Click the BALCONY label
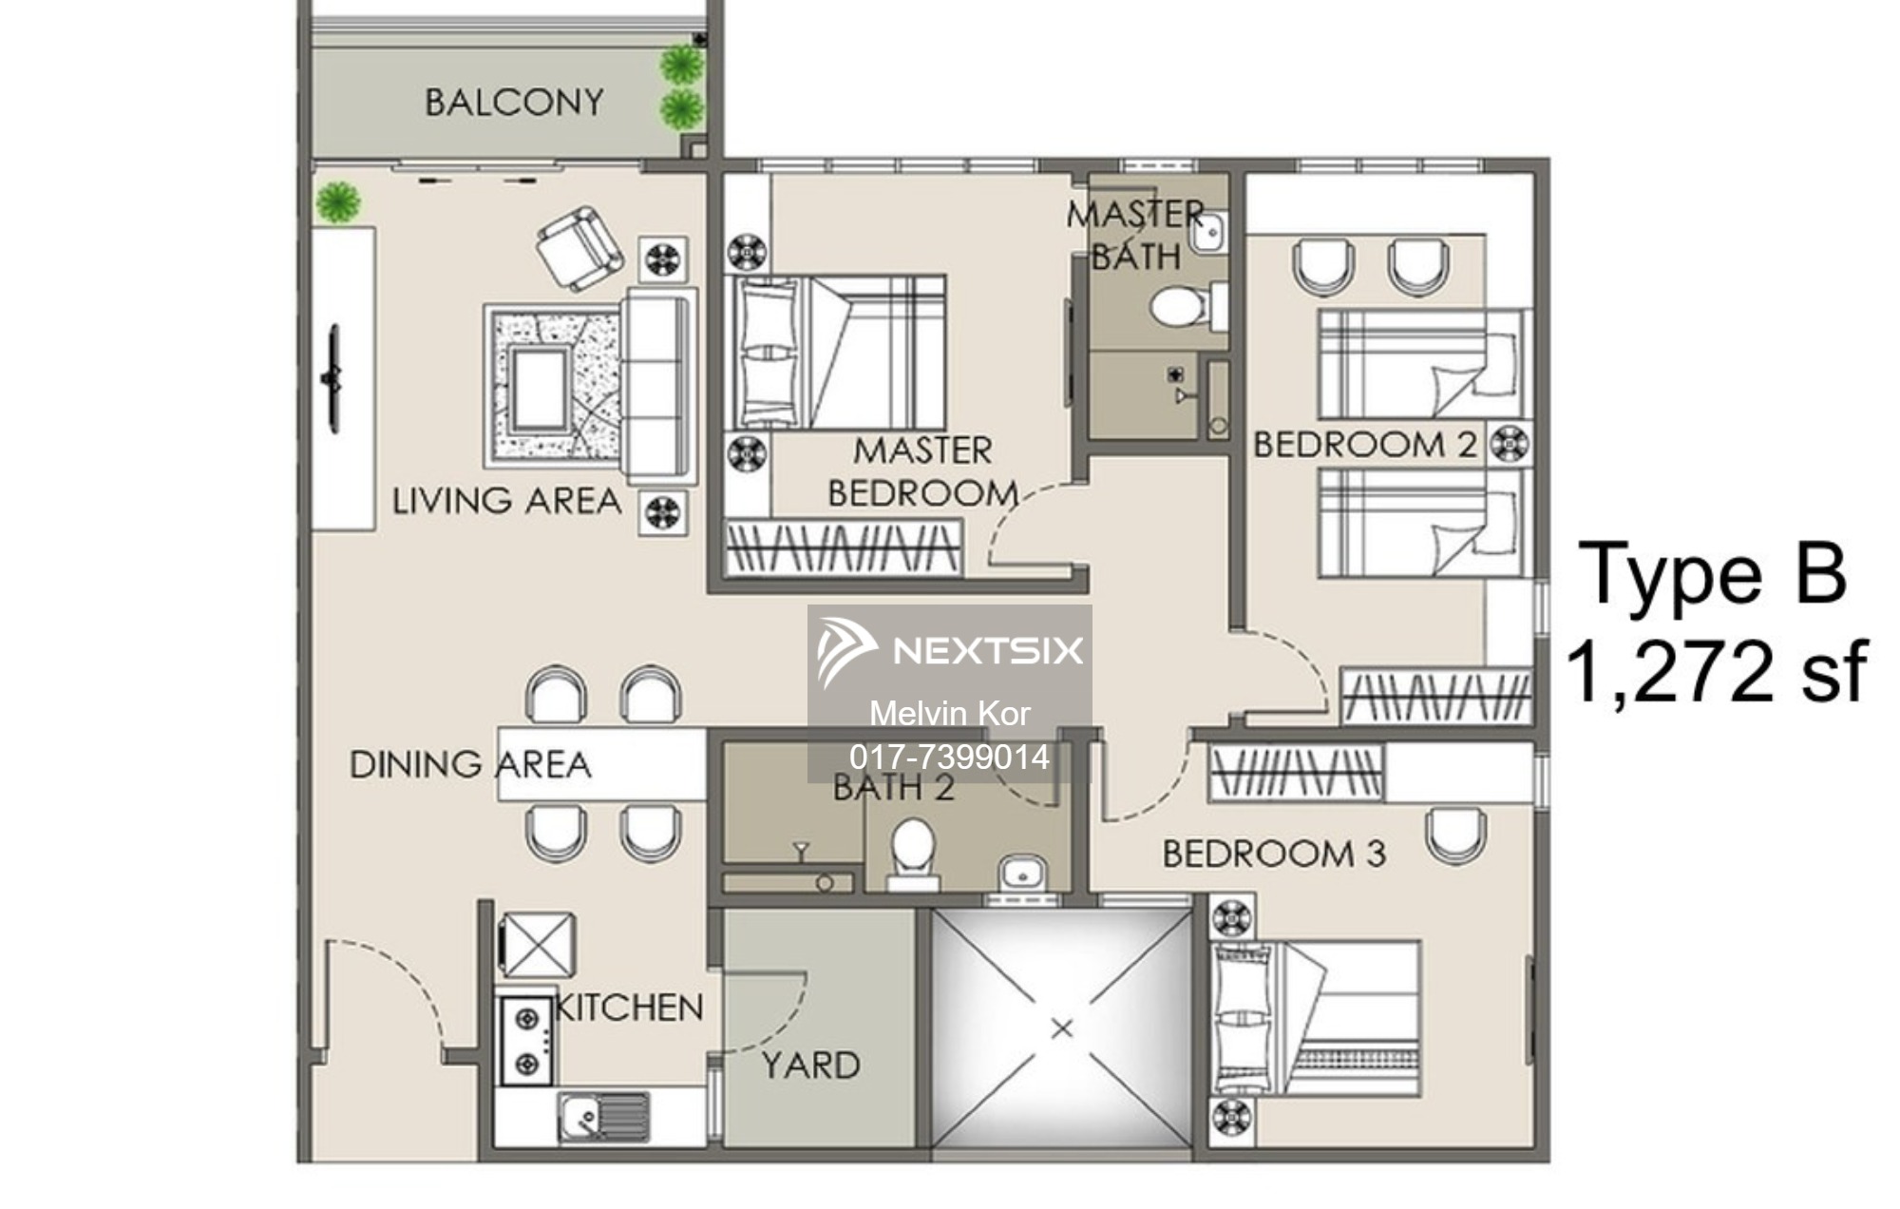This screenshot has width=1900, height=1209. [514, 103]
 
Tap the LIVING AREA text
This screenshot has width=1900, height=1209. [506, 501]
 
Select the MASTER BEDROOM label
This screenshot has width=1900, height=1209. [922, 472]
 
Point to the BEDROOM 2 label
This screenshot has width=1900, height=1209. [1365, 445]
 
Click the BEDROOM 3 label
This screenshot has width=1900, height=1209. [1274, 854]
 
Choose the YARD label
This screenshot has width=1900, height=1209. [810, 1065]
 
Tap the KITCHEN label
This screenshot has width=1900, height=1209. [629, 1007]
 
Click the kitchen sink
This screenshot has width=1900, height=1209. [603, 1116]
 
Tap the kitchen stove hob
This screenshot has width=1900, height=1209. [525, 1041]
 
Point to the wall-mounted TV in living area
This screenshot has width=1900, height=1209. [332, 378]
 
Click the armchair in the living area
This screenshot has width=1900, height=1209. [579, 249]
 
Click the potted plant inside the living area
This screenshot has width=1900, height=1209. [338, 202]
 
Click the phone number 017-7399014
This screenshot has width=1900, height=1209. [949, 757]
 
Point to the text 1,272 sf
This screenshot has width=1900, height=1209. [1716, 671]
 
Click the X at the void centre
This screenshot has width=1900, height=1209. [1062, 1028]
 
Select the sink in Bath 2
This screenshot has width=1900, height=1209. [1020, 871]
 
